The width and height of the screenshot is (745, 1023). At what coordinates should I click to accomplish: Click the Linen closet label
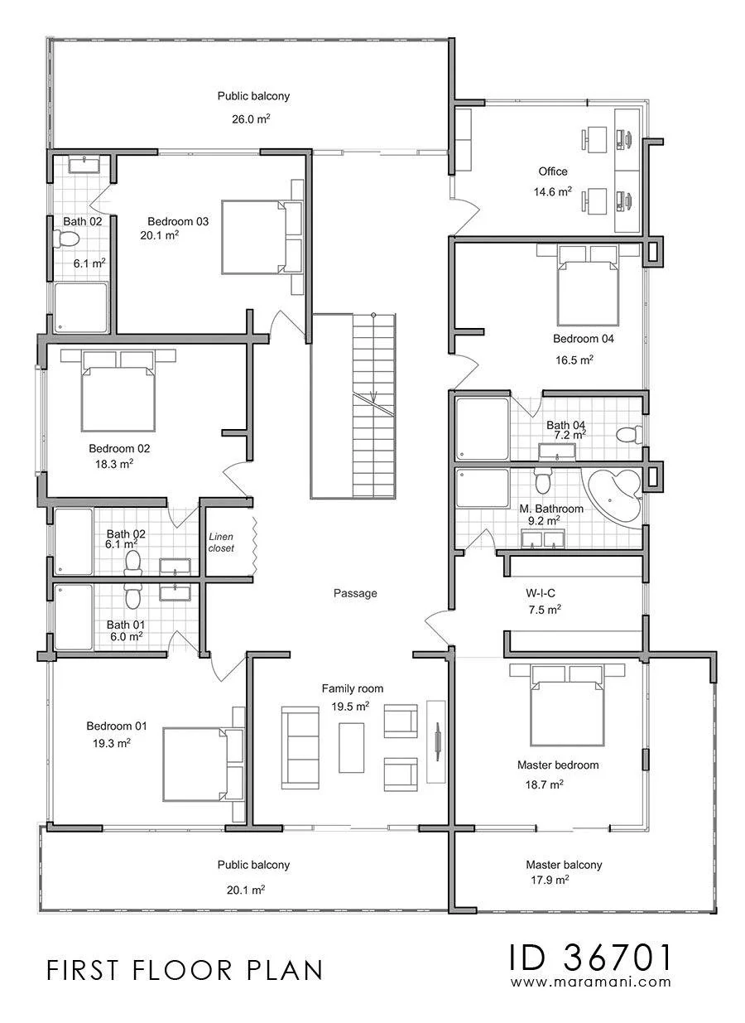[221, 542]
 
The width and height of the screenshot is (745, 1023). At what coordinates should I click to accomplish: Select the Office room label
[552, 171]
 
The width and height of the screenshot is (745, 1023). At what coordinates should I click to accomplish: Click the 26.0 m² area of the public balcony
[251, 119]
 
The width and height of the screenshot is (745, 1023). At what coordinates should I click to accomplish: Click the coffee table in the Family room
[351, 748]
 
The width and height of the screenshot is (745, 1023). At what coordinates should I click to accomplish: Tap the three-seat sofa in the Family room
[300, 748]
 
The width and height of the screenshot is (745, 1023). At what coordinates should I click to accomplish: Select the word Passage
[355, 593]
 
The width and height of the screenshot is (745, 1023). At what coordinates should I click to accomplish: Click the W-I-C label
[540, 593]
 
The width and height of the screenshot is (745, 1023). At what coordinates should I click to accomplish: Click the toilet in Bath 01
[132, 597]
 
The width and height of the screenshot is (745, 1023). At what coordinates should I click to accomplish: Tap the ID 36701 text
[590, 958]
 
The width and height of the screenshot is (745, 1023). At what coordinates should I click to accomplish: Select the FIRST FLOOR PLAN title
[185, 971]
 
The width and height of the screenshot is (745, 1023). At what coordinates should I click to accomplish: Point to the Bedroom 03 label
[178, 221]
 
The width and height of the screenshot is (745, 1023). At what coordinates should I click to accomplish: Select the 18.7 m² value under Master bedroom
[544, 784]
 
